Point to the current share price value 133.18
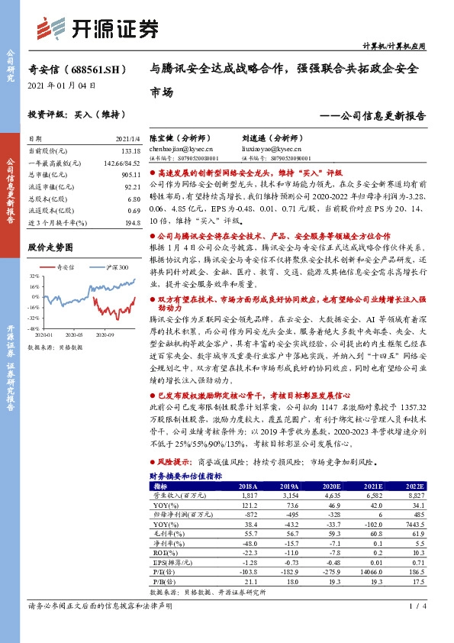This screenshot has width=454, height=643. click(x=130, y=151)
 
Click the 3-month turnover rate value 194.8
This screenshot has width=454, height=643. click(x=132, y=221)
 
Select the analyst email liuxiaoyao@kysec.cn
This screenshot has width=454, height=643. click(x=266, y=150)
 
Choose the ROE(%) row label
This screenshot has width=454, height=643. click(x=163, y=552)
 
